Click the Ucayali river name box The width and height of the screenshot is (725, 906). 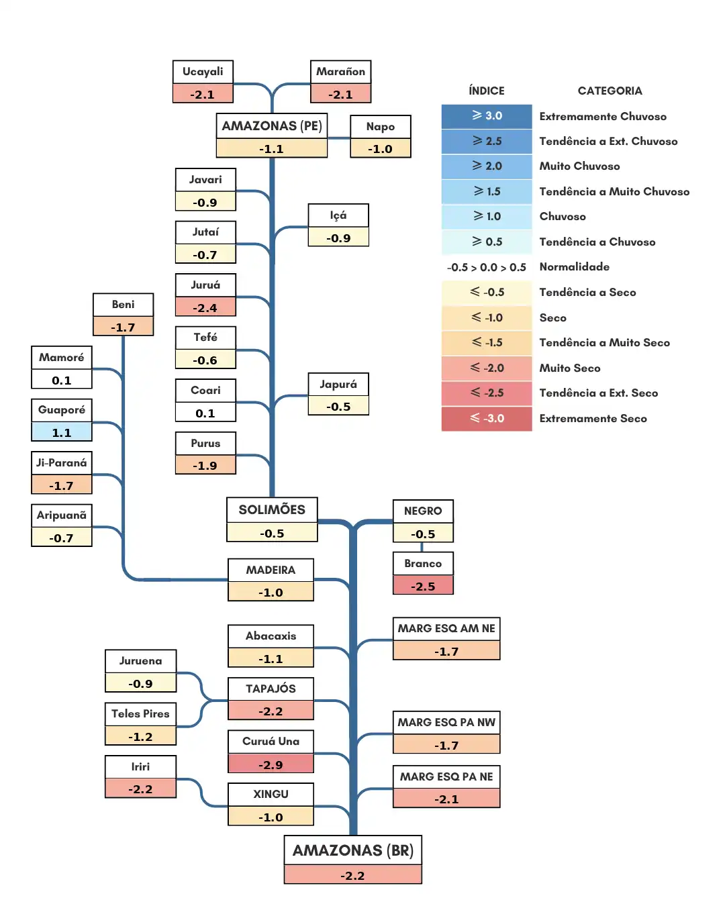click(x=203, y=72)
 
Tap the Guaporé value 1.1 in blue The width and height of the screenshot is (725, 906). click(x=62, y=432)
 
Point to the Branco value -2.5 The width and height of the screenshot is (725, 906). click(x=423, y=585)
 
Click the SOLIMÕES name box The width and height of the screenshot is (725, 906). click(x=272, y=510)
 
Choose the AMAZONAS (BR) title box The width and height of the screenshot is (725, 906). click(x=353, y=850)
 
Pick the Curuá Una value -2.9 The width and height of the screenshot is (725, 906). click(x=271, y=764)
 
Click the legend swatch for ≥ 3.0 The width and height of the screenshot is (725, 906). click(x=487, y=116)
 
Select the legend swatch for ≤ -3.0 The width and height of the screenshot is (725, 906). click(x=487, y=419)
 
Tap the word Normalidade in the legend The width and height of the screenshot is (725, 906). click(x=574, y=267)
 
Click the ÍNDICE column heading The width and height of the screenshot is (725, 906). click(x=487, y=91)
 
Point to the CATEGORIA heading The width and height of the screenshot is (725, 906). click(x=610, y=91)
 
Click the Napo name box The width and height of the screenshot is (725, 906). click(x=381, y=127)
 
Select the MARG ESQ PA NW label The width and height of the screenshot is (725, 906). click(x=446, y=722)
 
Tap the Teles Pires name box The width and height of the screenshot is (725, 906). click(x=140, y=713)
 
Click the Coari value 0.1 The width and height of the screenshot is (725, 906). click(x=205, y=413)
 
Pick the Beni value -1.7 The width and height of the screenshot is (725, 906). click(x=123, y=327)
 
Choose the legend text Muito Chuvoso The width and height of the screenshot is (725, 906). click(x=579, y=166)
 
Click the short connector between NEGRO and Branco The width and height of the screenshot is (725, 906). click(x=422, y=547)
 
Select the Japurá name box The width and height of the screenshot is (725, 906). click(x=338, y=385)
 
